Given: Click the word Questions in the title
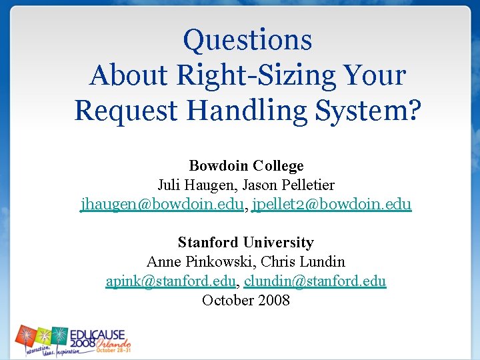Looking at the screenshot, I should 247,40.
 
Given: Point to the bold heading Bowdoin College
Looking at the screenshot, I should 246,166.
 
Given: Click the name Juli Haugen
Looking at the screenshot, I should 194,185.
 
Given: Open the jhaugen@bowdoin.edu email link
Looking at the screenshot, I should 162,204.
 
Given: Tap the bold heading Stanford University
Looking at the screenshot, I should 246,243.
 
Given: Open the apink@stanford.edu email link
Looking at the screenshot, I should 171,281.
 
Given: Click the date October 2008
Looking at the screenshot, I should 246,300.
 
